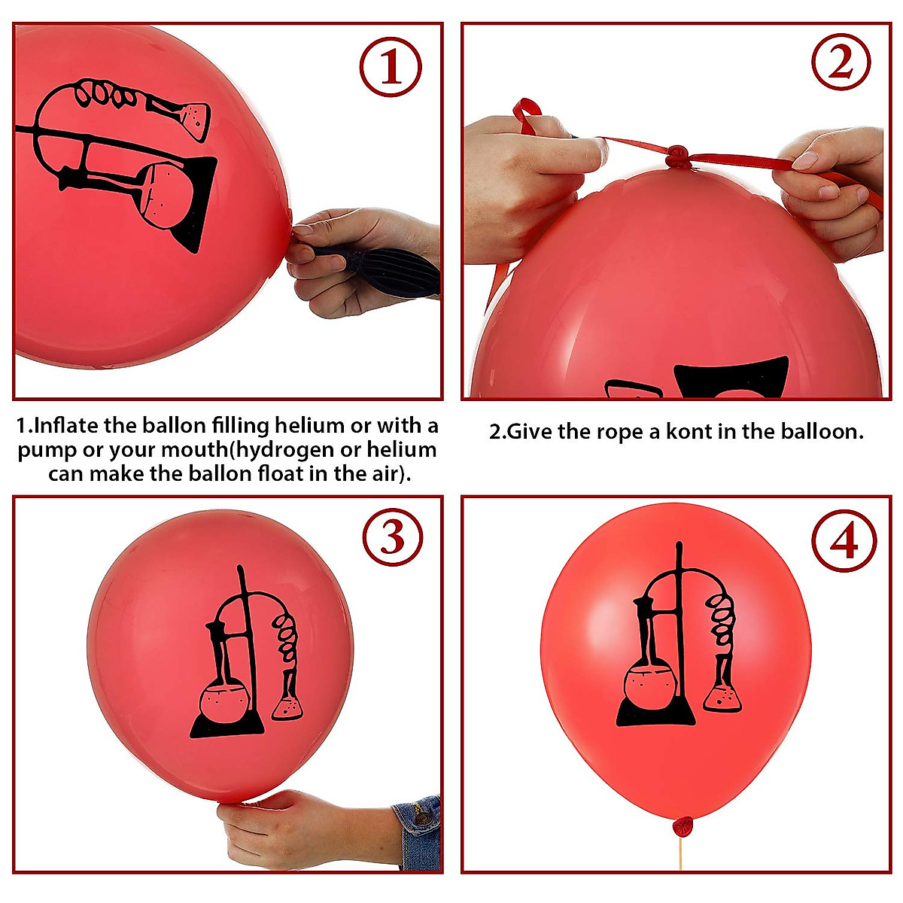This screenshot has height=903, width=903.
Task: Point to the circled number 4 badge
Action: (x=844, y=540)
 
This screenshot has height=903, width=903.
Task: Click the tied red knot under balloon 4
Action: (x=683, y=826)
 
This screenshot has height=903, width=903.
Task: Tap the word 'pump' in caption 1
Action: (x=45, y=451)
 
